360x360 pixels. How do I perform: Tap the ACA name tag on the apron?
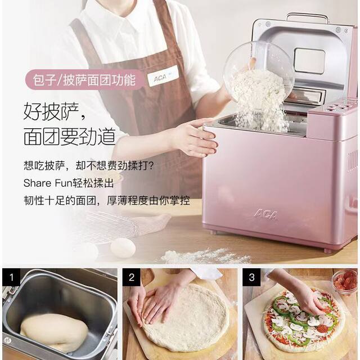coord(163,76)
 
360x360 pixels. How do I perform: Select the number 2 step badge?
coord(132,277)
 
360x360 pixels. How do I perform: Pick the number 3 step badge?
coord(251,277)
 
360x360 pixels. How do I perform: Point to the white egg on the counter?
coord(123,247)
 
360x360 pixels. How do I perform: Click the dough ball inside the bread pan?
coord(53,332)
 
